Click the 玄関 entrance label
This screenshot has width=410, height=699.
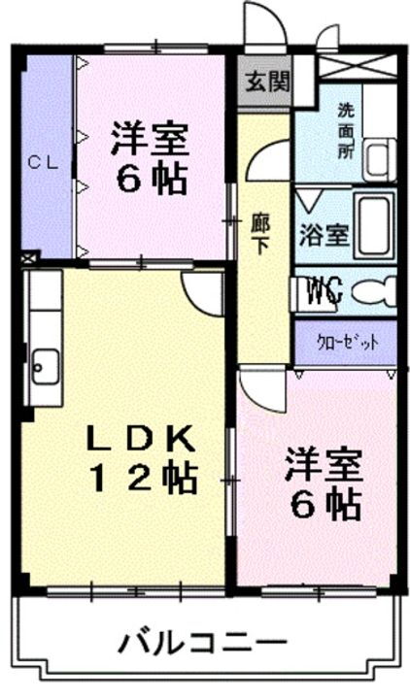pyautogui.click(x=264, y=80)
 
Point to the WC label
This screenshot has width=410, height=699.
pyautogui.click(x=325, y=288)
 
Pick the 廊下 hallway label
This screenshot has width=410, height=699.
pyautogui.click(x=260, y=233)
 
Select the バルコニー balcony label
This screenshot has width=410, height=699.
pyautogui.click(x=204, y=642)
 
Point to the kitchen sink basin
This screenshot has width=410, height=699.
pyautogui.click(x=42, y=366)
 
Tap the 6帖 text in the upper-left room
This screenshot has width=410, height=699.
pyautogui.click(x=148, y=179)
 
